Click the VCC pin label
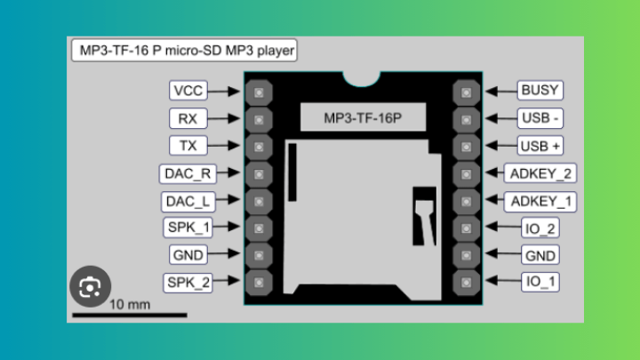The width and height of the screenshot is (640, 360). [x=188, y=91]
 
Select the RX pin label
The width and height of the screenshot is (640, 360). [x=188, y=118]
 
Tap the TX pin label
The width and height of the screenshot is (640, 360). [x=188, y=146]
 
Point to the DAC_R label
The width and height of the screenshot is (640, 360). [x=187, y=173]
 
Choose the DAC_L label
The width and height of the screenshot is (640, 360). [x=187, y=201]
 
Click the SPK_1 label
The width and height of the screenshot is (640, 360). [x=188, y=228]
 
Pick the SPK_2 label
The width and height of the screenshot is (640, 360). [x=188, y=284]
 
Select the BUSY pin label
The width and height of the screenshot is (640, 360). [x=540, y=91]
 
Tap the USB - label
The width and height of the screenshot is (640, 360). [x=540, y=118]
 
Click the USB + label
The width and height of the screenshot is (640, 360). [x=540, y=146]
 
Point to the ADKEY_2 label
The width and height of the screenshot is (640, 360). [x=540, y=173]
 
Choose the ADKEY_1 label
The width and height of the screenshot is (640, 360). [x=540, y=201]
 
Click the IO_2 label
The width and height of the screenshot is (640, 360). [x=540, y=228]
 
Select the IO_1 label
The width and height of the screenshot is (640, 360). [x=540, y=284]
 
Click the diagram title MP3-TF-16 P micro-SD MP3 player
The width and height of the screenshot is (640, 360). [x=186, y=50]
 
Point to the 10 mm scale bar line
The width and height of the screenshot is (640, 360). [x=130, y=315]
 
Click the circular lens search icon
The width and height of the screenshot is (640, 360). [x=90, y=286]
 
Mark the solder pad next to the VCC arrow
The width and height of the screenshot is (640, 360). [x=258, y=92]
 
